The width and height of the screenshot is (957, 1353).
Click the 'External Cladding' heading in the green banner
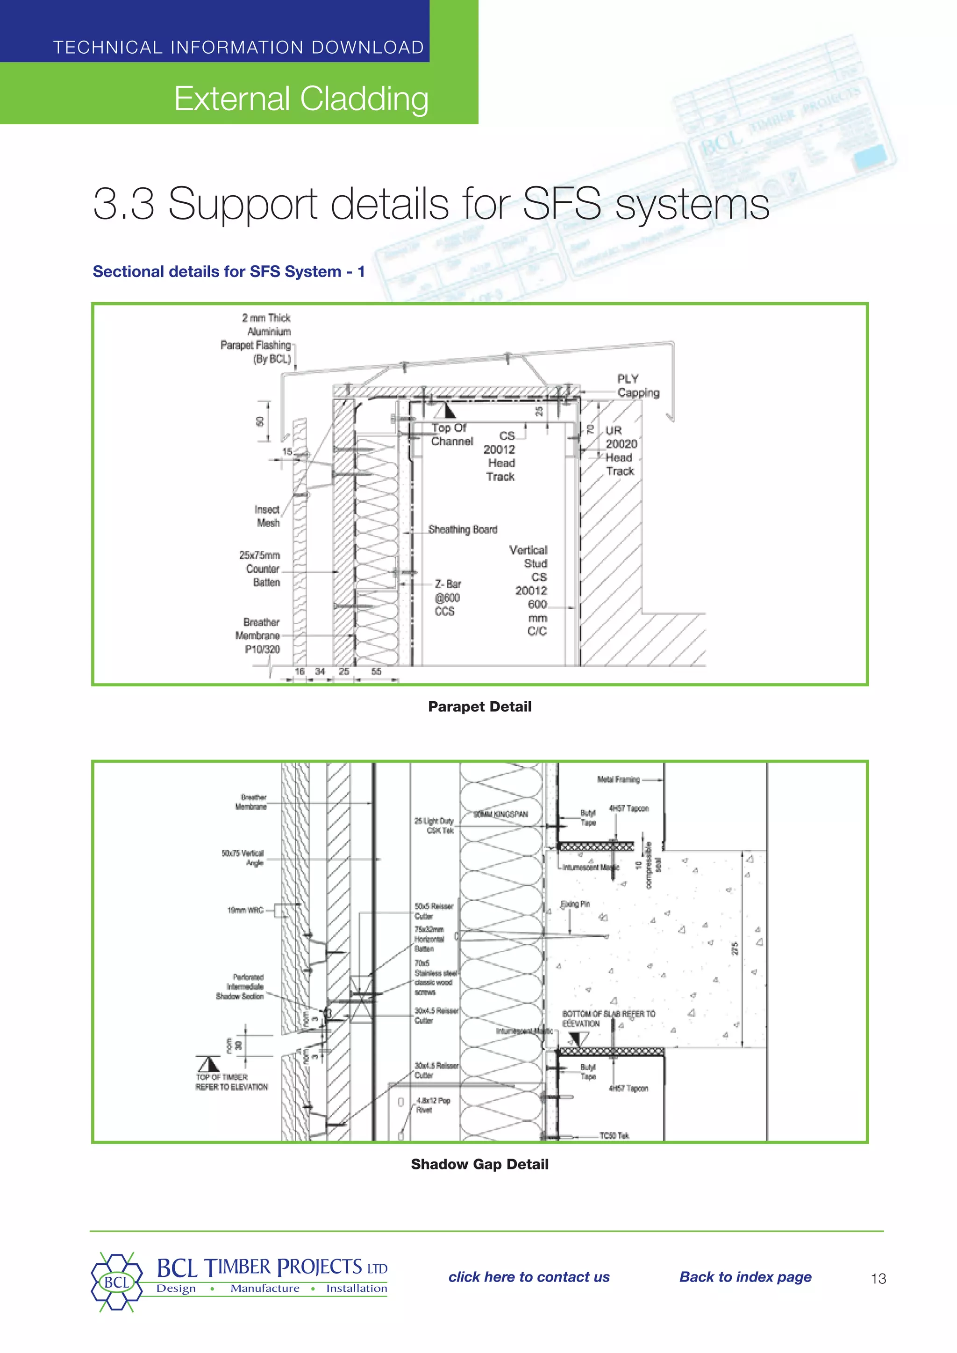[x=301, y=99]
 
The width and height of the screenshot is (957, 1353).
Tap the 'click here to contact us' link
[x=528, y=1276]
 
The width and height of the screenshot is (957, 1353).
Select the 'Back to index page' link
[x=745, y=1276]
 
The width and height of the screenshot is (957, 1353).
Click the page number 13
[x=878, y=1278]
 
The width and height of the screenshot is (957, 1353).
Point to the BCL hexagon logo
[x=117, y=1282]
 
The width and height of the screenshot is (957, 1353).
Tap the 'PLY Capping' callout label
[x=637, y=385]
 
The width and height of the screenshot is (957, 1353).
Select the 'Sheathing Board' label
[x=463, y=529]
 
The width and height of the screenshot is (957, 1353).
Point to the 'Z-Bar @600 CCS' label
[x=447, y=598]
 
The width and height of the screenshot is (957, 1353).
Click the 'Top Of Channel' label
[x=451, y=434]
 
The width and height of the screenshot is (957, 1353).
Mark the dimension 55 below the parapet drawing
[x=376, y=671]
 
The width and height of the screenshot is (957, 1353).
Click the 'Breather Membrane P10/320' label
[x=258, y=635]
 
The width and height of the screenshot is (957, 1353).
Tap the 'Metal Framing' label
[x=618, y=780]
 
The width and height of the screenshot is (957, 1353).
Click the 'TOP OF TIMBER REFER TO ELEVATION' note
[x=232, y=1082]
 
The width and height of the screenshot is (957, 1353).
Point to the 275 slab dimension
[x=735, y=949]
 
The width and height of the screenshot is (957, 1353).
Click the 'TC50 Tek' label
[x=614, y=1136]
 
